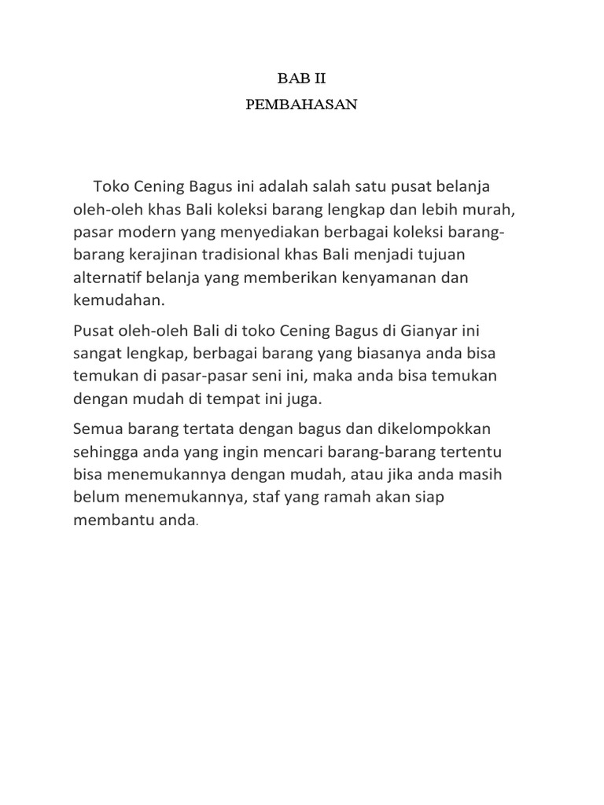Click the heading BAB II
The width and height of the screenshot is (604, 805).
302,79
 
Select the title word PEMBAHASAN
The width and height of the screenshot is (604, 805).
302,105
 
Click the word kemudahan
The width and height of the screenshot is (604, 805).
118,300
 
